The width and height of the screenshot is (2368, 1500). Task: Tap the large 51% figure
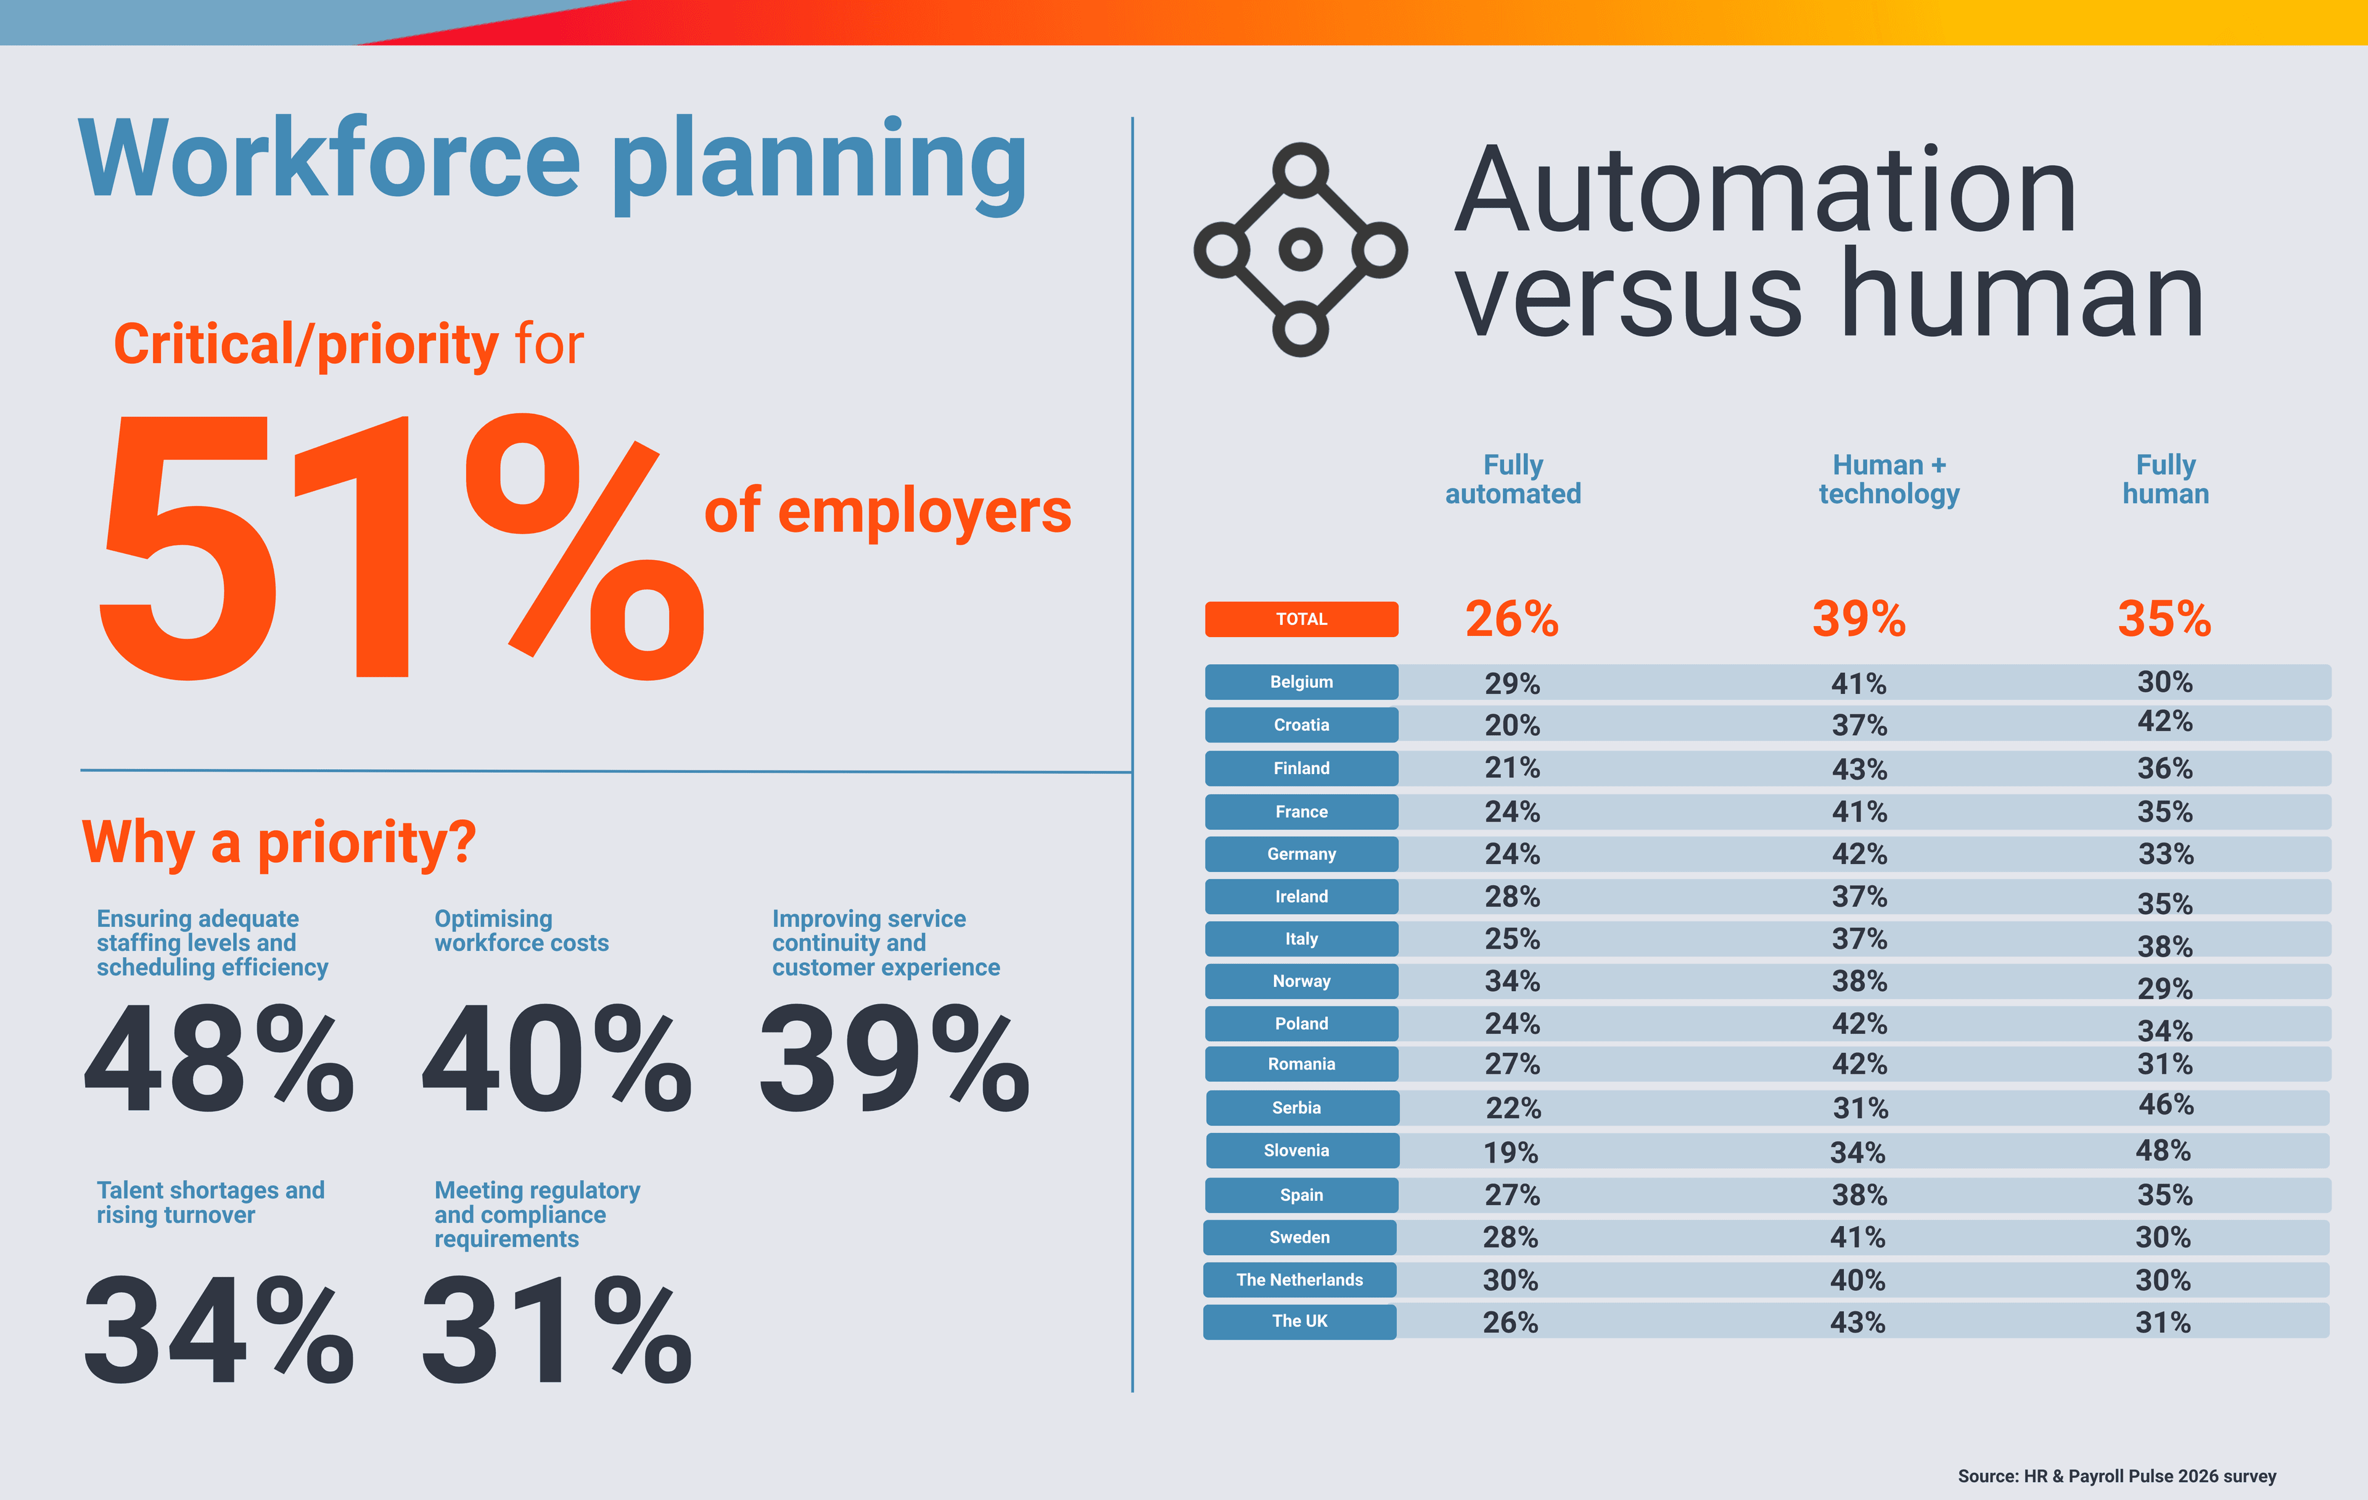pos(401,547)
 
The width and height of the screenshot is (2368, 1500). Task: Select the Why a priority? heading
pos(279,843)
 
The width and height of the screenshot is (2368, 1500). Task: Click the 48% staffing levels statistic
pos(218,1060)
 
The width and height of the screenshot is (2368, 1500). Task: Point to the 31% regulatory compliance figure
pos(557,1330)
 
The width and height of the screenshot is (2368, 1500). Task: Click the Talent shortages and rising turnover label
pos(210,1202)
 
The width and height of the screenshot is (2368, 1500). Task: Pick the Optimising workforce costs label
pos(521,931)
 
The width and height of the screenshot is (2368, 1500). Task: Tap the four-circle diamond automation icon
pos(1300,250)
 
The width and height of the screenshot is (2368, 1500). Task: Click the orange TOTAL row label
pos(1301,619)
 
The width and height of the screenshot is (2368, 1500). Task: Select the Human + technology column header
pos(1888,479)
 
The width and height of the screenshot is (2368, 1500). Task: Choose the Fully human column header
pos(2164,479)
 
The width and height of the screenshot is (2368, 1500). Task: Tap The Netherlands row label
pos(1299,1280)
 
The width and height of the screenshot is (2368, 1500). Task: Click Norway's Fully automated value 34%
pos(1511,981)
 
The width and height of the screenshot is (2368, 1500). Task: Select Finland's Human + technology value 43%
pos(1859,769)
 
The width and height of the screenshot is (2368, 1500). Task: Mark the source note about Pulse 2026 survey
pos(2116,1475)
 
